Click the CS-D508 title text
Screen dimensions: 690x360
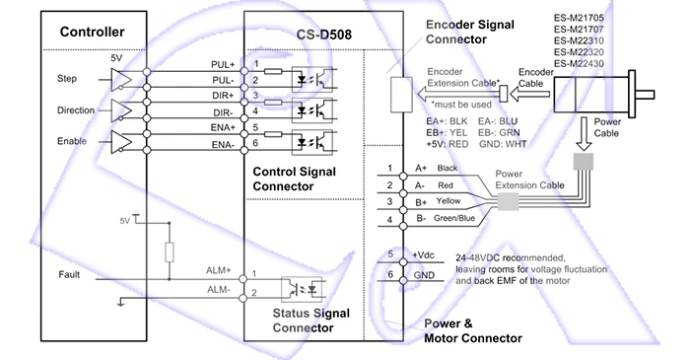(324, 35)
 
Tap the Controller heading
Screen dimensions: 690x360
(92, 32)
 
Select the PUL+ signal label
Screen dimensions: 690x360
(223, 65)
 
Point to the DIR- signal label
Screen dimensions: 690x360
(223, 112)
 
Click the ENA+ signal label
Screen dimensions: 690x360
(223, 127)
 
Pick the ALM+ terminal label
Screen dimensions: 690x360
(218, 270)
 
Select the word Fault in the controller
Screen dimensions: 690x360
(69, 274)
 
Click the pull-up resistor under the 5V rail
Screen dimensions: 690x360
(169, 252)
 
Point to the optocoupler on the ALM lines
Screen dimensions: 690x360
(302, 289)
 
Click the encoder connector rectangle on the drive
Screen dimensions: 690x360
(402, 95)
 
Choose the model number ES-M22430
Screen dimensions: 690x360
(579, 63)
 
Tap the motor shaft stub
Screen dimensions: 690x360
(645, 95)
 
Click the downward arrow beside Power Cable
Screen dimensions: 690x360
(584, 133)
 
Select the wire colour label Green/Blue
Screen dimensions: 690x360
(454, 218)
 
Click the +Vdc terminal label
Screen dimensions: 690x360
(423, 254)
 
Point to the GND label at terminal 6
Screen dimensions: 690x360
(424, 275)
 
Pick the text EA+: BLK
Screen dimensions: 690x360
(447, 121)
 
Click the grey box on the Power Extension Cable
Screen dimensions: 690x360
(509, 202)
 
